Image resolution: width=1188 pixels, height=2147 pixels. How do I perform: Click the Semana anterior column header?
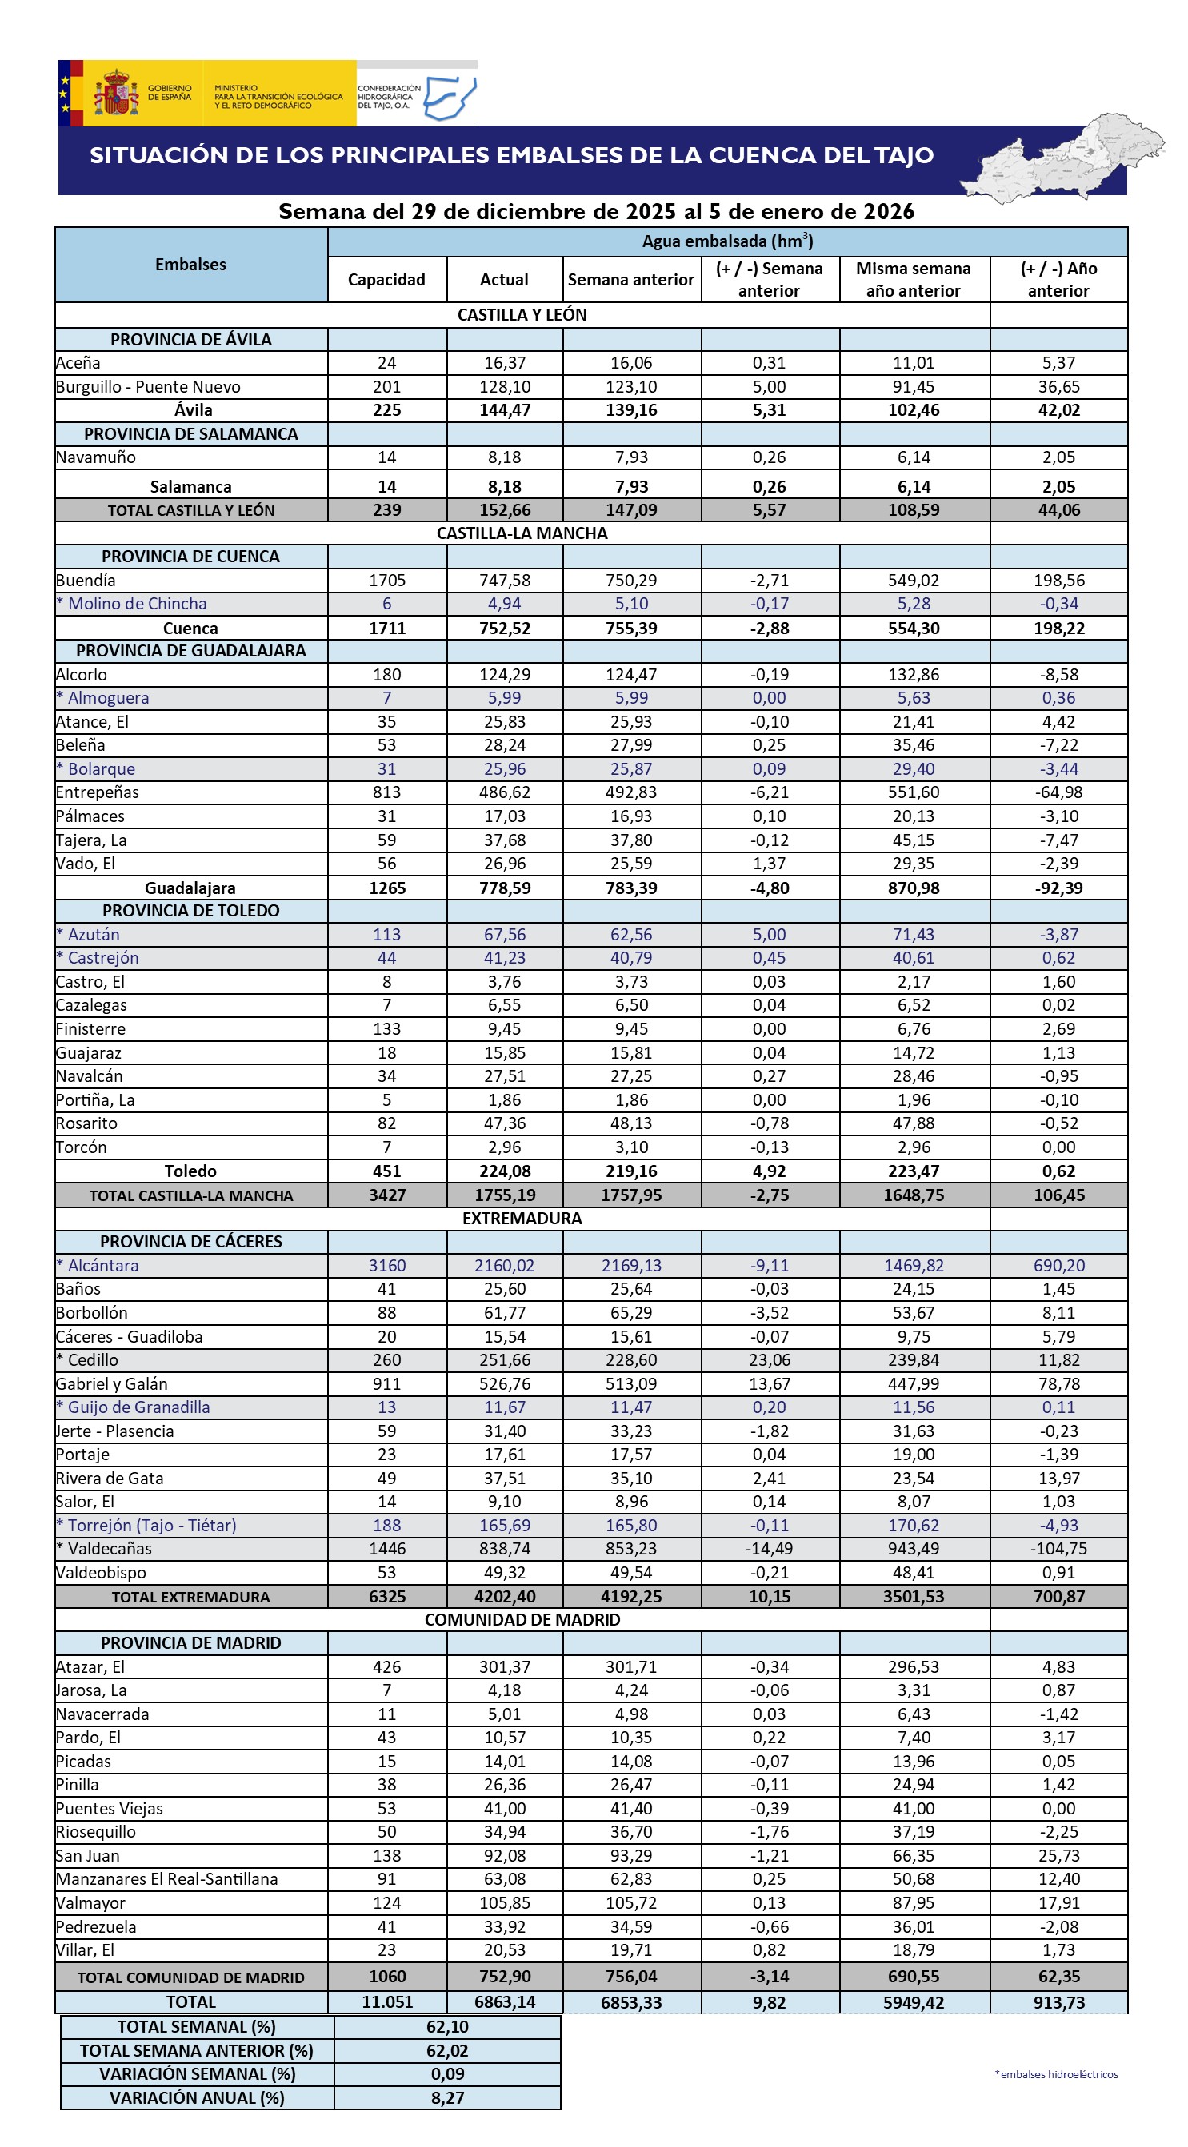click(630, 280)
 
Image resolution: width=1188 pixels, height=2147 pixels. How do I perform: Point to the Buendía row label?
click(86, 580)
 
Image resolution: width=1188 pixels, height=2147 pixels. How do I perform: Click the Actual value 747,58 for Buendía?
click(504, 580)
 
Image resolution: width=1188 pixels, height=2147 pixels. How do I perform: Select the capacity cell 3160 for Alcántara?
click(387, 1265)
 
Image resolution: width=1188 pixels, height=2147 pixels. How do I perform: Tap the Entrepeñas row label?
click(98, 792)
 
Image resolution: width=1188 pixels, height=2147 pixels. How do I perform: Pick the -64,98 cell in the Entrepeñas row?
click(1058, 792)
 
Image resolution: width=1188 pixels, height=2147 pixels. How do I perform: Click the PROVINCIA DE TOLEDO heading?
click(191, 911)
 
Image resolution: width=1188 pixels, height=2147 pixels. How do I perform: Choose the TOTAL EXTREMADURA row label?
click(191, 1597)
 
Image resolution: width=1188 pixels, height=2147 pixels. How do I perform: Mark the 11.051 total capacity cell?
click(387, 2002)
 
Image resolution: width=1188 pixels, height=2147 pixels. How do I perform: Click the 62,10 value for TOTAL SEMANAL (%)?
click(447, 2027)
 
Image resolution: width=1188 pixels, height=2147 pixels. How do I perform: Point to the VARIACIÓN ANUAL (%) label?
click(197, 2098)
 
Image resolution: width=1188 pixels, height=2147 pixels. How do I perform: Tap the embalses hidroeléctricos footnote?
click(1056, 2074)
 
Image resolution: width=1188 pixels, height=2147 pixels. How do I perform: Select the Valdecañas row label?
click(104, 1549)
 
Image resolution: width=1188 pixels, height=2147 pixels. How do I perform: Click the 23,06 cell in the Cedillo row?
click(769, 1359)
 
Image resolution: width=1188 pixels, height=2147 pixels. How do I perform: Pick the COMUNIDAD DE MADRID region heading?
click(522, 1619)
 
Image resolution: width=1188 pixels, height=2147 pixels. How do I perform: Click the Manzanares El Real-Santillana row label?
click(166, 1878)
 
